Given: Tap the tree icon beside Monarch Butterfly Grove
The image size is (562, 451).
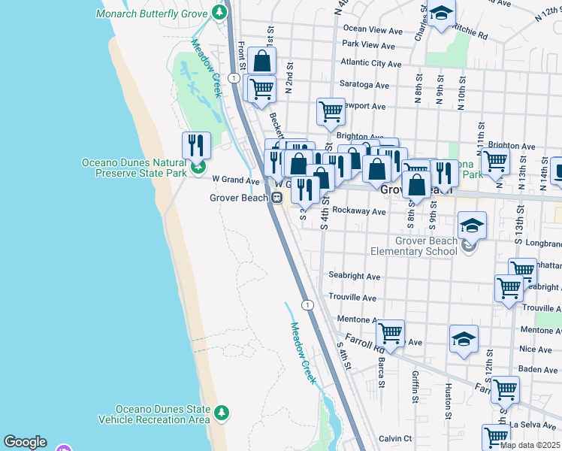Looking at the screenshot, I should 219,13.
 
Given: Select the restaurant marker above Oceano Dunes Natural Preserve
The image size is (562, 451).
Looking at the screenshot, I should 196,144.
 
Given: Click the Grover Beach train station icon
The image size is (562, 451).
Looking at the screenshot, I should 277,198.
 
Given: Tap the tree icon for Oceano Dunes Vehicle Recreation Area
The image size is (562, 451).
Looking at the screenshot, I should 221,413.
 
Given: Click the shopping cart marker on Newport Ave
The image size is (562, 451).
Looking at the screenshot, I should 331,111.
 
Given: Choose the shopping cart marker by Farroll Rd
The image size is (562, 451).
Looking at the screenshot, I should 390,331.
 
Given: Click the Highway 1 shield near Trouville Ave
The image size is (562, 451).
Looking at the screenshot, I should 307,304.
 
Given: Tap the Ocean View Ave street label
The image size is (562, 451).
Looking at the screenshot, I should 373,29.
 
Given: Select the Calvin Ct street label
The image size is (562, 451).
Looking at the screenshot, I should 395,438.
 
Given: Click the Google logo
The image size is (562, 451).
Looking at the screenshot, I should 25,442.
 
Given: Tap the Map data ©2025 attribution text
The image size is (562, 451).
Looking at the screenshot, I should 530,445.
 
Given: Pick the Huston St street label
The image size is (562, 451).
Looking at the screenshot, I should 448,402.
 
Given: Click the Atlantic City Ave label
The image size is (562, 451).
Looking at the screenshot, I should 371,63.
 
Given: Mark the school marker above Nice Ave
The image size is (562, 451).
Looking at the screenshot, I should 464,338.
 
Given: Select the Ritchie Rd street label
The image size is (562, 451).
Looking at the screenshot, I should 470,35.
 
